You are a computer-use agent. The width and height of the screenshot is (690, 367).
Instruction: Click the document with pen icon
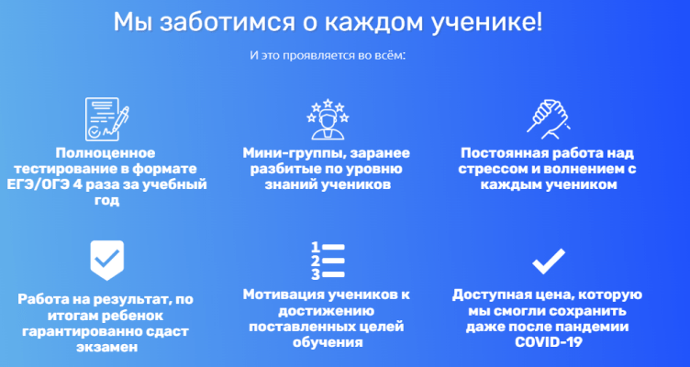tap(106, 118)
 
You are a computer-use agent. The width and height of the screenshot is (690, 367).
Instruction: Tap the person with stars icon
tap(328, 118)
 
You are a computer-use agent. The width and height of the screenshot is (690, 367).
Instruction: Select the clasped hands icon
tap(549, 118)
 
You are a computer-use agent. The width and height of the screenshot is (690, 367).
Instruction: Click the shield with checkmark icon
tap(107, 260)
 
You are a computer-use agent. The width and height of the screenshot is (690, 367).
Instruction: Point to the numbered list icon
tap(328, 260)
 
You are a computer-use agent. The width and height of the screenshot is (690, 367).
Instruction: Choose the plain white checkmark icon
tap(549, 261)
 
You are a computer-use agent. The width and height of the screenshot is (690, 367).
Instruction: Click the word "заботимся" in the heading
tap(227, 22)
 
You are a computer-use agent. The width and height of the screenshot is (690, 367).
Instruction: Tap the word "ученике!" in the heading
tap(487, 23)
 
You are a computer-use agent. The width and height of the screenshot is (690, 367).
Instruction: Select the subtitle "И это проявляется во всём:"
tap(328, 56)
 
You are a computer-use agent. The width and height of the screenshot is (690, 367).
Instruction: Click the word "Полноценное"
tap(106, 153)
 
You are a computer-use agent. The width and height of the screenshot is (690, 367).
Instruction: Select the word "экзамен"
tap(107, 347)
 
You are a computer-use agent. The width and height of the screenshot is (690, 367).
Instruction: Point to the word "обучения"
tap(328, 342)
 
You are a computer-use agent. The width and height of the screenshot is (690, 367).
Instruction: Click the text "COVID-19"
tap(549, 342)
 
